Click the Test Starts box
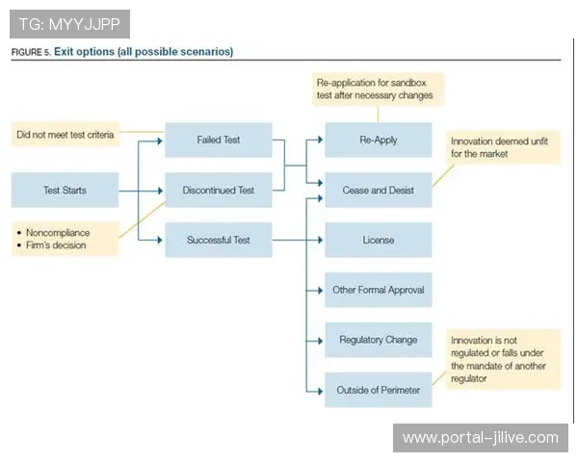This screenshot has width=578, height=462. pyautogui.click(x=65, y=191)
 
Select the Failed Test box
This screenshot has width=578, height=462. pyautogui.click(x=218, y=141)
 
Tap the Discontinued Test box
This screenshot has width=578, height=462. pyautogui.click(x=218, y=191)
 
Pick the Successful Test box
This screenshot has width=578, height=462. pyautogui.click(x=218, y=240)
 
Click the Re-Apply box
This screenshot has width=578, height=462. pyautogui.click(x=378, y=141)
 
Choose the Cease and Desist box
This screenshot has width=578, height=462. pyautogui.click(x=378, y=191)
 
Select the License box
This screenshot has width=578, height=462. pyautogui.click(x=378, y=240)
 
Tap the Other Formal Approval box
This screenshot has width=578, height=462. pyautogui.click(x=378, y=290)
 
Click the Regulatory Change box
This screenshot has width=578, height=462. pyautogui.click(x=378, y=340)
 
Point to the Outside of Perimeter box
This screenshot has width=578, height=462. pyautogui.click(x=378, y=390)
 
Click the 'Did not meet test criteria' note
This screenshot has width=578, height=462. pyautogui.click(x=65, y=135)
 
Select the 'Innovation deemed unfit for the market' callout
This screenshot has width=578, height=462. pyautogui.click(x=503, y=147)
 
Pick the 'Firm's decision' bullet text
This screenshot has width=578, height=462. pyautogui.click(x=56, y=245)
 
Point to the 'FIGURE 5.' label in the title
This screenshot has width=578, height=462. pyautogui.click(x=30, y=52)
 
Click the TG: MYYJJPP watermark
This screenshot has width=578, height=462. pyautogui.click(x=69, y=23)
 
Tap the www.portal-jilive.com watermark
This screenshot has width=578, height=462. pyautogui.click(x=481, y=438)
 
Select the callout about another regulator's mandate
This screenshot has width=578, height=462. pyautogui.click(x=504, y=360)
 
